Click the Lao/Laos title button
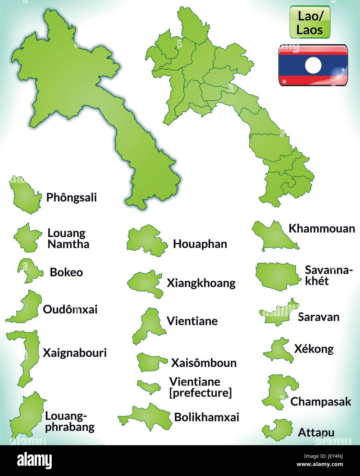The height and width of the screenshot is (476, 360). [x=310, y=22]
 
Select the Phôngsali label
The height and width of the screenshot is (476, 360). [x=72, y=198]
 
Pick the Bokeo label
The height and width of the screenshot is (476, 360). [x=66, y=273]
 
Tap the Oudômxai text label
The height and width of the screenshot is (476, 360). [x=70, y=310]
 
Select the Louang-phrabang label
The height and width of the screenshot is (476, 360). [x=70, y=422]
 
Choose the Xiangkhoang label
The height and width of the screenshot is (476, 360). [x=201, y=283]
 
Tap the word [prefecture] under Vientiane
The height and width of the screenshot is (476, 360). [x=201, y=393]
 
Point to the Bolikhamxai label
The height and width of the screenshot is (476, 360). [x=207, y=417]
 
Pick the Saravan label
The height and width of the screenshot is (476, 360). [x=319, y=317]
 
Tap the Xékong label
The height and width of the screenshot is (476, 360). [x=314, y=349]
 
